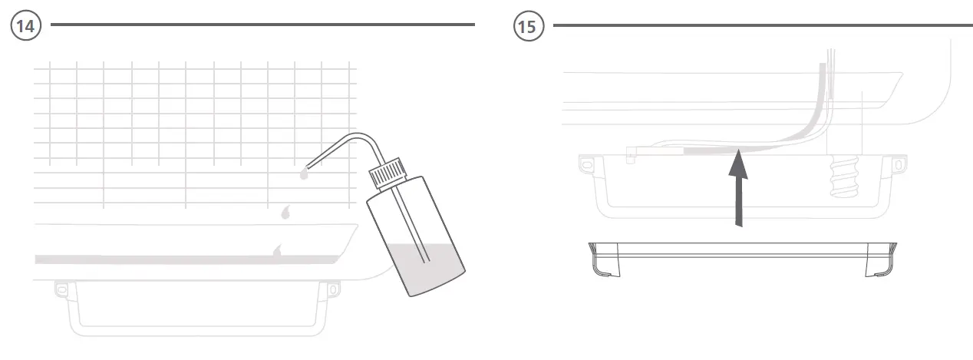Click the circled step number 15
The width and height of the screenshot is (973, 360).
point(527,25)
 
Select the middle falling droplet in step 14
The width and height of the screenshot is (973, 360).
point(287,212)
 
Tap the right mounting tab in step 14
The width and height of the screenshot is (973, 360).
point(334,289)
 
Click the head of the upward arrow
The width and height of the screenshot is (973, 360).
point(737,160)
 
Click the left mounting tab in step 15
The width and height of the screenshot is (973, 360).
point(586,164)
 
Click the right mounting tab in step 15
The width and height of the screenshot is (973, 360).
point(895,164)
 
